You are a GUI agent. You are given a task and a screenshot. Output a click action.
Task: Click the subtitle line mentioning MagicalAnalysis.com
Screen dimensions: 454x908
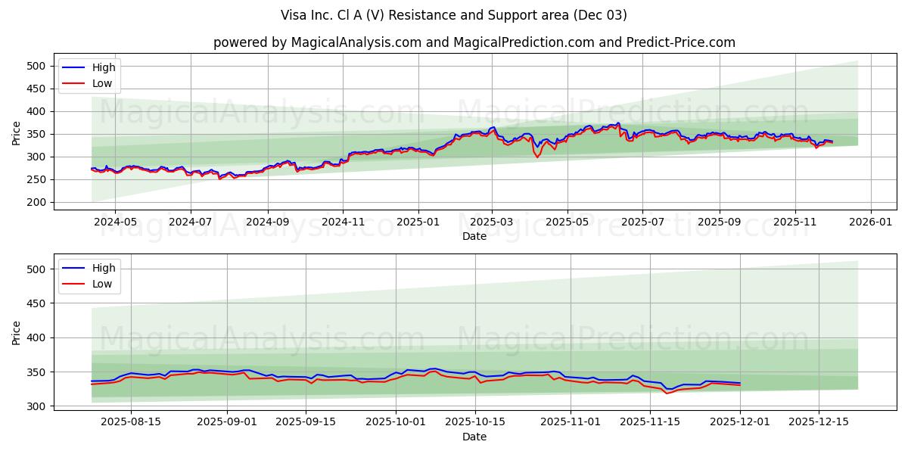474,42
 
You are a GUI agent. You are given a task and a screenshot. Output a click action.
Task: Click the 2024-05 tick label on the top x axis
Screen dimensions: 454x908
115,222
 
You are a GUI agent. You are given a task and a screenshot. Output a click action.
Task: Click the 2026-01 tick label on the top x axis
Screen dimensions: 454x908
871,222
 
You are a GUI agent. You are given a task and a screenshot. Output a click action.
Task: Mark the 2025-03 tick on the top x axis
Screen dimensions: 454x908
492,222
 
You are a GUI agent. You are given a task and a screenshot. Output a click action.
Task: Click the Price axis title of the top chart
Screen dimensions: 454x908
17,132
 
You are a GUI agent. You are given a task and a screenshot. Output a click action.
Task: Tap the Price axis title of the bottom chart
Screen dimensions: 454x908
17,332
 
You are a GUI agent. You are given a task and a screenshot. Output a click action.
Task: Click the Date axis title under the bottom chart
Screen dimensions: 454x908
474,437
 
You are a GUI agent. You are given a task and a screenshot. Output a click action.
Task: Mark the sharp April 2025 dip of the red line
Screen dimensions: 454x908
537,157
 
